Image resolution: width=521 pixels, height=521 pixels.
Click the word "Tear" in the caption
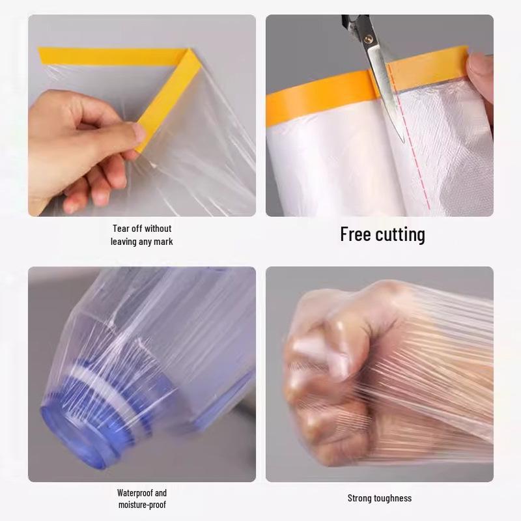[122, 229]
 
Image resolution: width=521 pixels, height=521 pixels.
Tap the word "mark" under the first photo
[162, 242]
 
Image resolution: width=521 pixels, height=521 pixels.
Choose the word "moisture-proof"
[142, 505]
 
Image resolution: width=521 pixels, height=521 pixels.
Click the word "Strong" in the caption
[359, 498]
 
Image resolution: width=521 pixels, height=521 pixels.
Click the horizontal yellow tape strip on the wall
[104, 56]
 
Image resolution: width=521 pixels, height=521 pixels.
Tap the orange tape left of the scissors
[319, 98]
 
